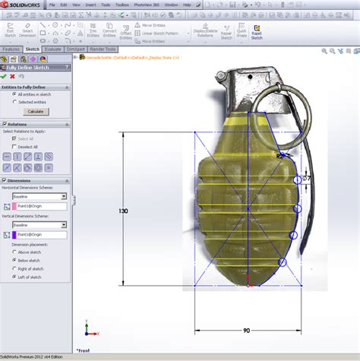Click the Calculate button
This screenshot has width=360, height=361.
point(35,111)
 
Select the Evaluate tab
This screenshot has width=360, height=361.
point(53,49)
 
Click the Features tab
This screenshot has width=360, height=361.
point(11,49)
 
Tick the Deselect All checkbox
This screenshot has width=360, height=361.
point(15,146)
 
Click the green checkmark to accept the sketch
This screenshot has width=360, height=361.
point(5,76)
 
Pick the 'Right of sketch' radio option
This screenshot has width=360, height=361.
point(14,268)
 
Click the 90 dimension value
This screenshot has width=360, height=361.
point(247,331)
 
